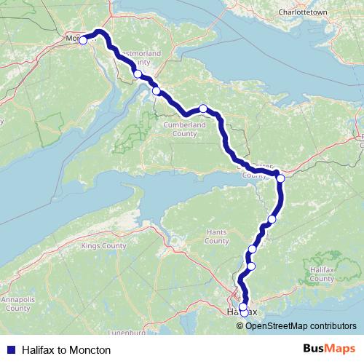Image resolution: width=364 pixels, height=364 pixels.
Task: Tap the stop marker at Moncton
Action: click(82, 41)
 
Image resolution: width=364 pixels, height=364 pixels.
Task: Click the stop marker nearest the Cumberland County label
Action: click(203, 109)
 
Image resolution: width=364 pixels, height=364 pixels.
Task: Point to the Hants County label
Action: click(216, 237)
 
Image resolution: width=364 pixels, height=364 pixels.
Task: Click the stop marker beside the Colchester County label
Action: click(280, 178)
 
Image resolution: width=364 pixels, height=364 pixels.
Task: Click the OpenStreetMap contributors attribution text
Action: click(301, 325)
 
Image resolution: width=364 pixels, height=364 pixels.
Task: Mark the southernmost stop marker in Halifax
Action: click(244, 313)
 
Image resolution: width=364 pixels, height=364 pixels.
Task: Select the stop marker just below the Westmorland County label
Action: click(138, 74)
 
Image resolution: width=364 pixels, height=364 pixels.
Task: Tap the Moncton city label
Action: click(75, 37)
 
